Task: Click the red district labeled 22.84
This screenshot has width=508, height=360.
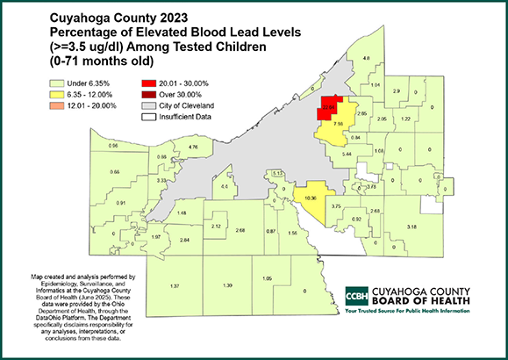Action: point(330,108)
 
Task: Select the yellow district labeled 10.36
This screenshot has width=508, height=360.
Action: point(309,198)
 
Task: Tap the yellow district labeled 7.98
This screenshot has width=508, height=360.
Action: point(338,125)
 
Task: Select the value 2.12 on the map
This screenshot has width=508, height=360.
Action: point(216,227)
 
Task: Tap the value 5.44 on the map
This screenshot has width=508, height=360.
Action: point(347,154)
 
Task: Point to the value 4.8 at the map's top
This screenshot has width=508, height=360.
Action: point(367,58)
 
